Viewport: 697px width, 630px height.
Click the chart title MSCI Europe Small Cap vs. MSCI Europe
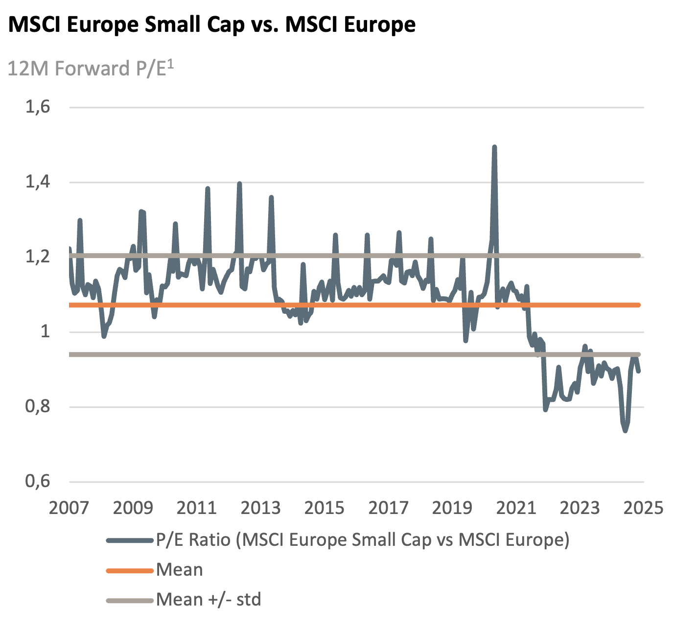click(212, 24)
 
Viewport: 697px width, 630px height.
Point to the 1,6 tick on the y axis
click(38, 107)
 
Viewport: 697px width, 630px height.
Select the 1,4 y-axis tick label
click(38, 182)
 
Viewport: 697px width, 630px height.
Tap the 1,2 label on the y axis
click(38, 257)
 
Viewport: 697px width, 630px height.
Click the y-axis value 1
click(45, 331)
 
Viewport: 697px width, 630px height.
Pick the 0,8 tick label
click(38, 406)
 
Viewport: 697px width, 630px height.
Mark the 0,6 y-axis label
click(38, 481)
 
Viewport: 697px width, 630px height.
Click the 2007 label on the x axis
click(69, 508)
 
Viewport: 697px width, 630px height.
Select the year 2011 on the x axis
click(196, 508)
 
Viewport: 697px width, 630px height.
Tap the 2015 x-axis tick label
click(324, 508)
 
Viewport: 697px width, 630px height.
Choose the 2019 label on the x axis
click(452, 508)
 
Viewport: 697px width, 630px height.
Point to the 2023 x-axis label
click(580, 508)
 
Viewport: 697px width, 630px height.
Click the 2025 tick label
click(643, 508)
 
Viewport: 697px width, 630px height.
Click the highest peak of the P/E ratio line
click(494, 146)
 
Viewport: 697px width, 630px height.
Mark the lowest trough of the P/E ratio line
click(625, 431)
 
